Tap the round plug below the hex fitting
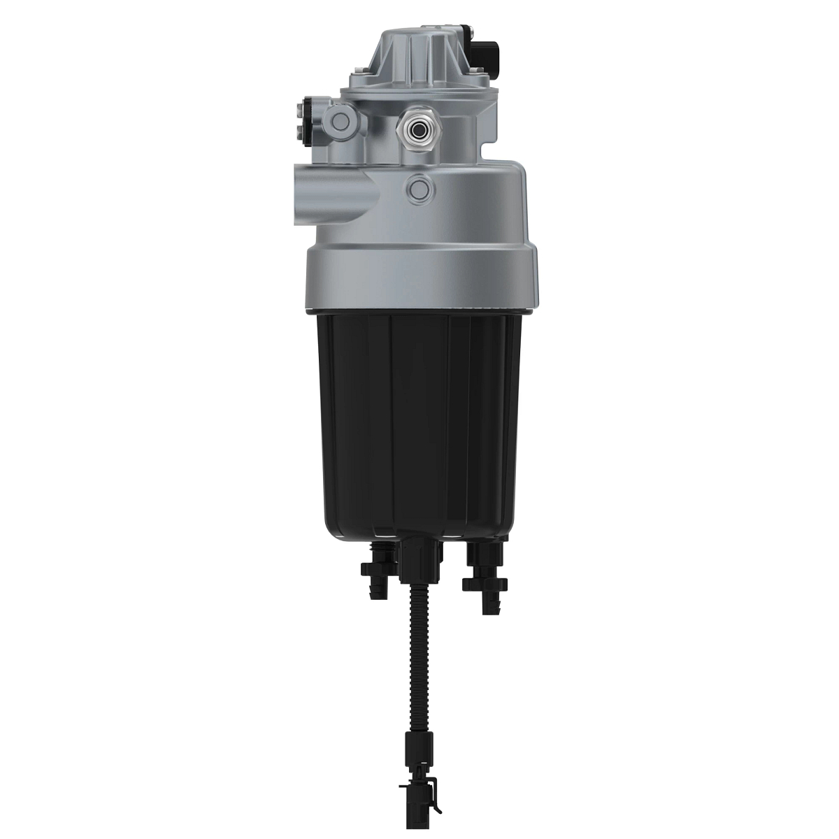click(421, 187)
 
